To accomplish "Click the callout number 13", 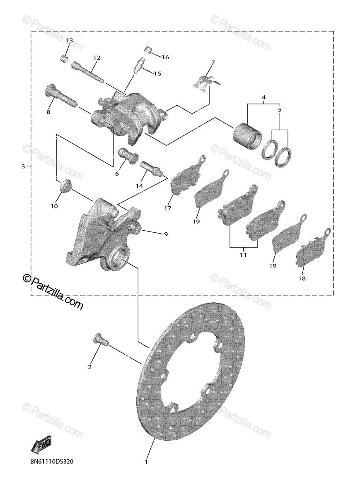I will point(69,41).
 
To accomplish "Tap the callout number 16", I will point(165,57).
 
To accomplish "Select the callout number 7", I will point(213,63).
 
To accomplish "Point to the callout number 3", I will point(23,166).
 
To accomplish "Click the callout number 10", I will point(54,206).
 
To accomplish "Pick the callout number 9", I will point(165,234).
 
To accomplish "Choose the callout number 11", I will point(243,255).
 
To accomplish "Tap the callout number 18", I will point(302,278).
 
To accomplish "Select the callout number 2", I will point(89,367).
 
